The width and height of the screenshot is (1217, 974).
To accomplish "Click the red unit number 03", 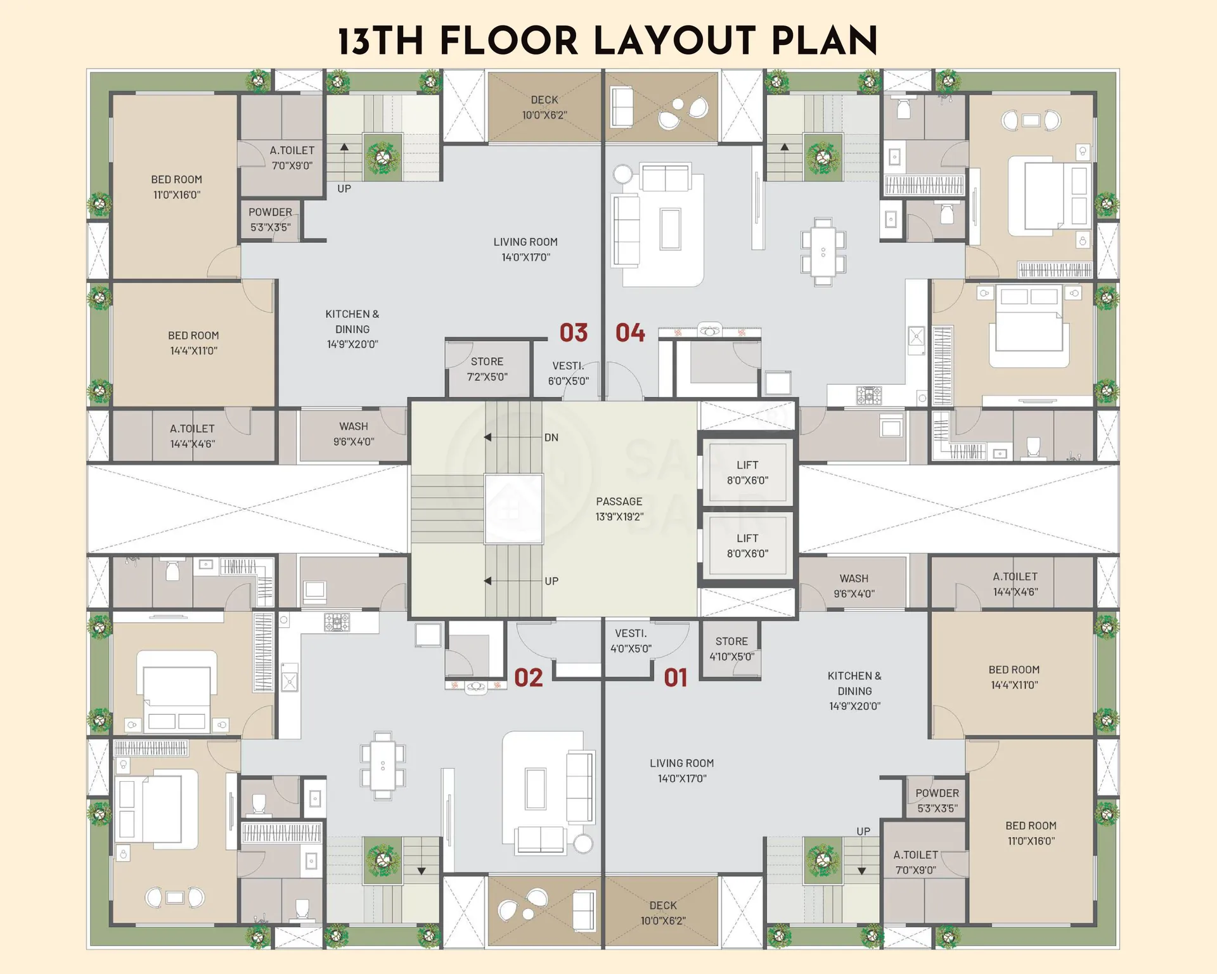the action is [574, 333].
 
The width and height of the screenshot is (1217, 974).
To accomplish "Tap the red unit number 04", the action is [630, 333].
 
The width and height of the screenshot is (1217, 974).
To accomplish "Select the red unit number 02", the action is [529, 678].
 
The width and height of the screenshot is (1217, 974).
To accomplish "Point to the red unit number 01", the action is [676, 678].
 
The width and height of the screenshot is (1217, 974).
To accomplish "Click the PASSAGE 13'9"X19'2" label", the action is [619, 509].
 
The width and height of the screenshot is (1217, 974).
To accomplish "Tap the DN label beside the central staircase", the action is [551, 438].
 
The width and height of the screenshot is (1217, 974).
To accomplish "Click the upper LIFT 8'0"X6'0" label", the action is [748, 473].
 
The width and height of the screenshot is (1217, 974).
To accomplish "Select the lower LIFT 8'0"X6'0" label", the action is [748, 546].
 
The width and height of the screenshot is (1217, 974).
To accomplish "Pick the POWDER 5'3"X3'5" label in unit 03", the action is [271, 219].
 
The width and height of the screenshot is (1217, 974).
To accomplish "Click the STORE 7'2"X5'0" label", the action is [487, 369].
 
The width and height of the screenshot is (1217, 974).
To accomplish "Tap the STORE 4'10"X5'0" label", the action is [732, 649].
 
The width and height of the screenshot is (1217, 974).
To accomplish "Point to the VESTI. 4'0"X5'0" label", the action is [631, 641].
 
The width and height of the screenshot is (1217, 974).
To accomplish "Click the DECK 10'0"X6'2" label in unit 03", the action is [544, 107].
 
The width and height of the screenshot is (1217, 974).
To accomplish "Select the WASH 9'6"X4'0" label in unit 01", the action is [854, 586].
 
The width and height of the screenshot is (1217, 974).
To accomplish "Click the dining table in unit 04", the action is [823, 252].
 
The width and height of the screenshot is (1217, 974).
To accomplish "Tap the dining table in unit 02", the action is [383, 765].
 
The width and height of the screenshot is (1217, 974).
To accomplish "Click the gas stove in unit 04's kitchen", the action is [869, 395].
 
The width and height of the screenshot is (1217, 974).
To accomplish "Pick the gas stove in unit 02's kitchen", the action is [337, 622].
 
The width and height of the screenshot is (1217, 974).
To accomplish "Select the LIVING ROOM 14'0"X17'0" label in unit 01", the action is [682, 770].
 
